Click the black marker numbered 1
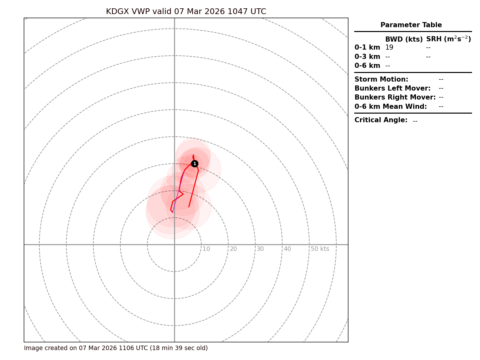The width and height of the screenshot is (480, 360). pyautogui.click(x=195, y=164)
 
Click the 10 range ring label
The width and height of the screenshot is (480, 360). pyautogui.click(x=206, y=249)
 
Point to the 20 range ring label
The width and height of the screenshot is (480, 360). pyautogui.click(x=233, y=249)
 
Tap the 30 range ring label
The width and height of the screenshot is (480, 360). pyautogui.click(x=260, y=249)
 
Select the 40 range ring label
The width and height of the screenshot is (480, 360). pyautogui.click(x=287, y=249)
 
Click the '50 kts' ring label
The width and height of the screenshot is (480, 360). pyautogui.click(x=320, y=249)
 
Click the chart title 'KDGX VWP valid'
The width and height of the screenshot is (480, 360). pyautogui.click(x=186, y=12)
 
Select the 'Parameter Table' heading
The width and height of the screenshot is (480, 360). pyautogui.click(x=411, y=25)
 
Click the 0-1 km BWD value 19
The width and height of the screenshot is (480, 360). pyautogui.click(x=389, y=48)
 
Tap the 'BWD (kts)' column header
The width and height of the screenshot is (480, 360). pyautogui.click(x=404, y=39)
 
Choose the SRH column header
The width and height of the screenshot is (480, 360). pyautogui.click(x=448, y=39)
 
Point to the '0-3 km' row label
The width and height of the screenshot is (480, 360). pyautogui.click(x=367, y=57)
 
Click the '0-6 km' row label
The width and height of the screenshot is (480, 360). pyautogui.click(x=367, y=66)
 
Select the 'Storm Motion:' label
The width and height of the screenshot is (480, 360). pyautogui.click(x=381, y=79)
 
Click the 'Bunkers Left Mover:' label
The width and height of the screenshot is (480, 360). pyautogui.click(x=392, y=88)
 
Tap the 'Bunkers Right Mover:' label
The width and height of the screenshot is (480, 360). pyautogui.click(x=395, y=97)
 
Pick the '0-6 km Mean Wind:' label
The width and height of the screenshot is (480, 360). pyautogui.click(x=390, y=107)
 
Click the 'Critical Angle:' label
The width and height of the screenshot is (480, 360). pyautogui.click(x=381, y=120)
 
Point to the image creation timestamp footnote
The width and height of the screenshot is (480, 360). pyautogui.click(x=116, y=348)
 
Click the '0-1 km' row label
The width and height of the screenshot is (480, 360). pyautogui.click(x=367, y=48)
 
